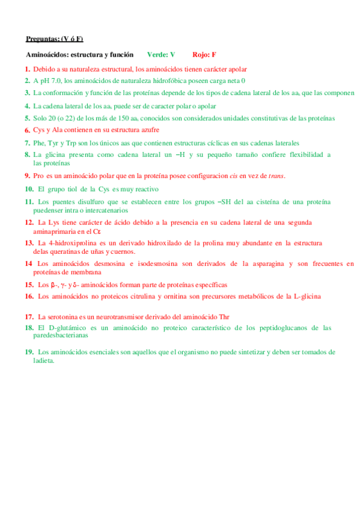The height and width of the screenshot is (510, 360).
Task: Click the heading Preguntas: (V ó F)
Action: pyautogui.click(x=54, y=39)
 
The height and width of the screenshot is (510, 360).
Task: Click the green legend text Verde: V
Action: pyautogui.click(x=160, y=55)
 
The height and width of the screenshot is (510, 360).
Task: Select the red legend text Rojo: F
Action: pyautogui.click(x=204, y=55)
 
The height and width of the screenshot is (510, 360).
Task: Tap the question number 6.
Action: pyautogui.click(x=28, y=130)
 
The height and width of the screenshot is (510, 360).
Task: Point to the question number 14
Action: pyautogui.click(x=29, y=263)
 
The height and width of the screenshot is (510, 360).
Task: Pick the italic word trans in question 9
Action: pyautogui.click(x=276, y=176)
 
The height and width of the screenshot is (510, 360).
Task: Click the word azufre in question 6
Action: pyautogui.click(x=147, y=129)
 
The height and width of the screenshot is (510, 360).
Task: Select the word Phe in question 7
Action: pyautogui.click(x=39, y=143)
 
